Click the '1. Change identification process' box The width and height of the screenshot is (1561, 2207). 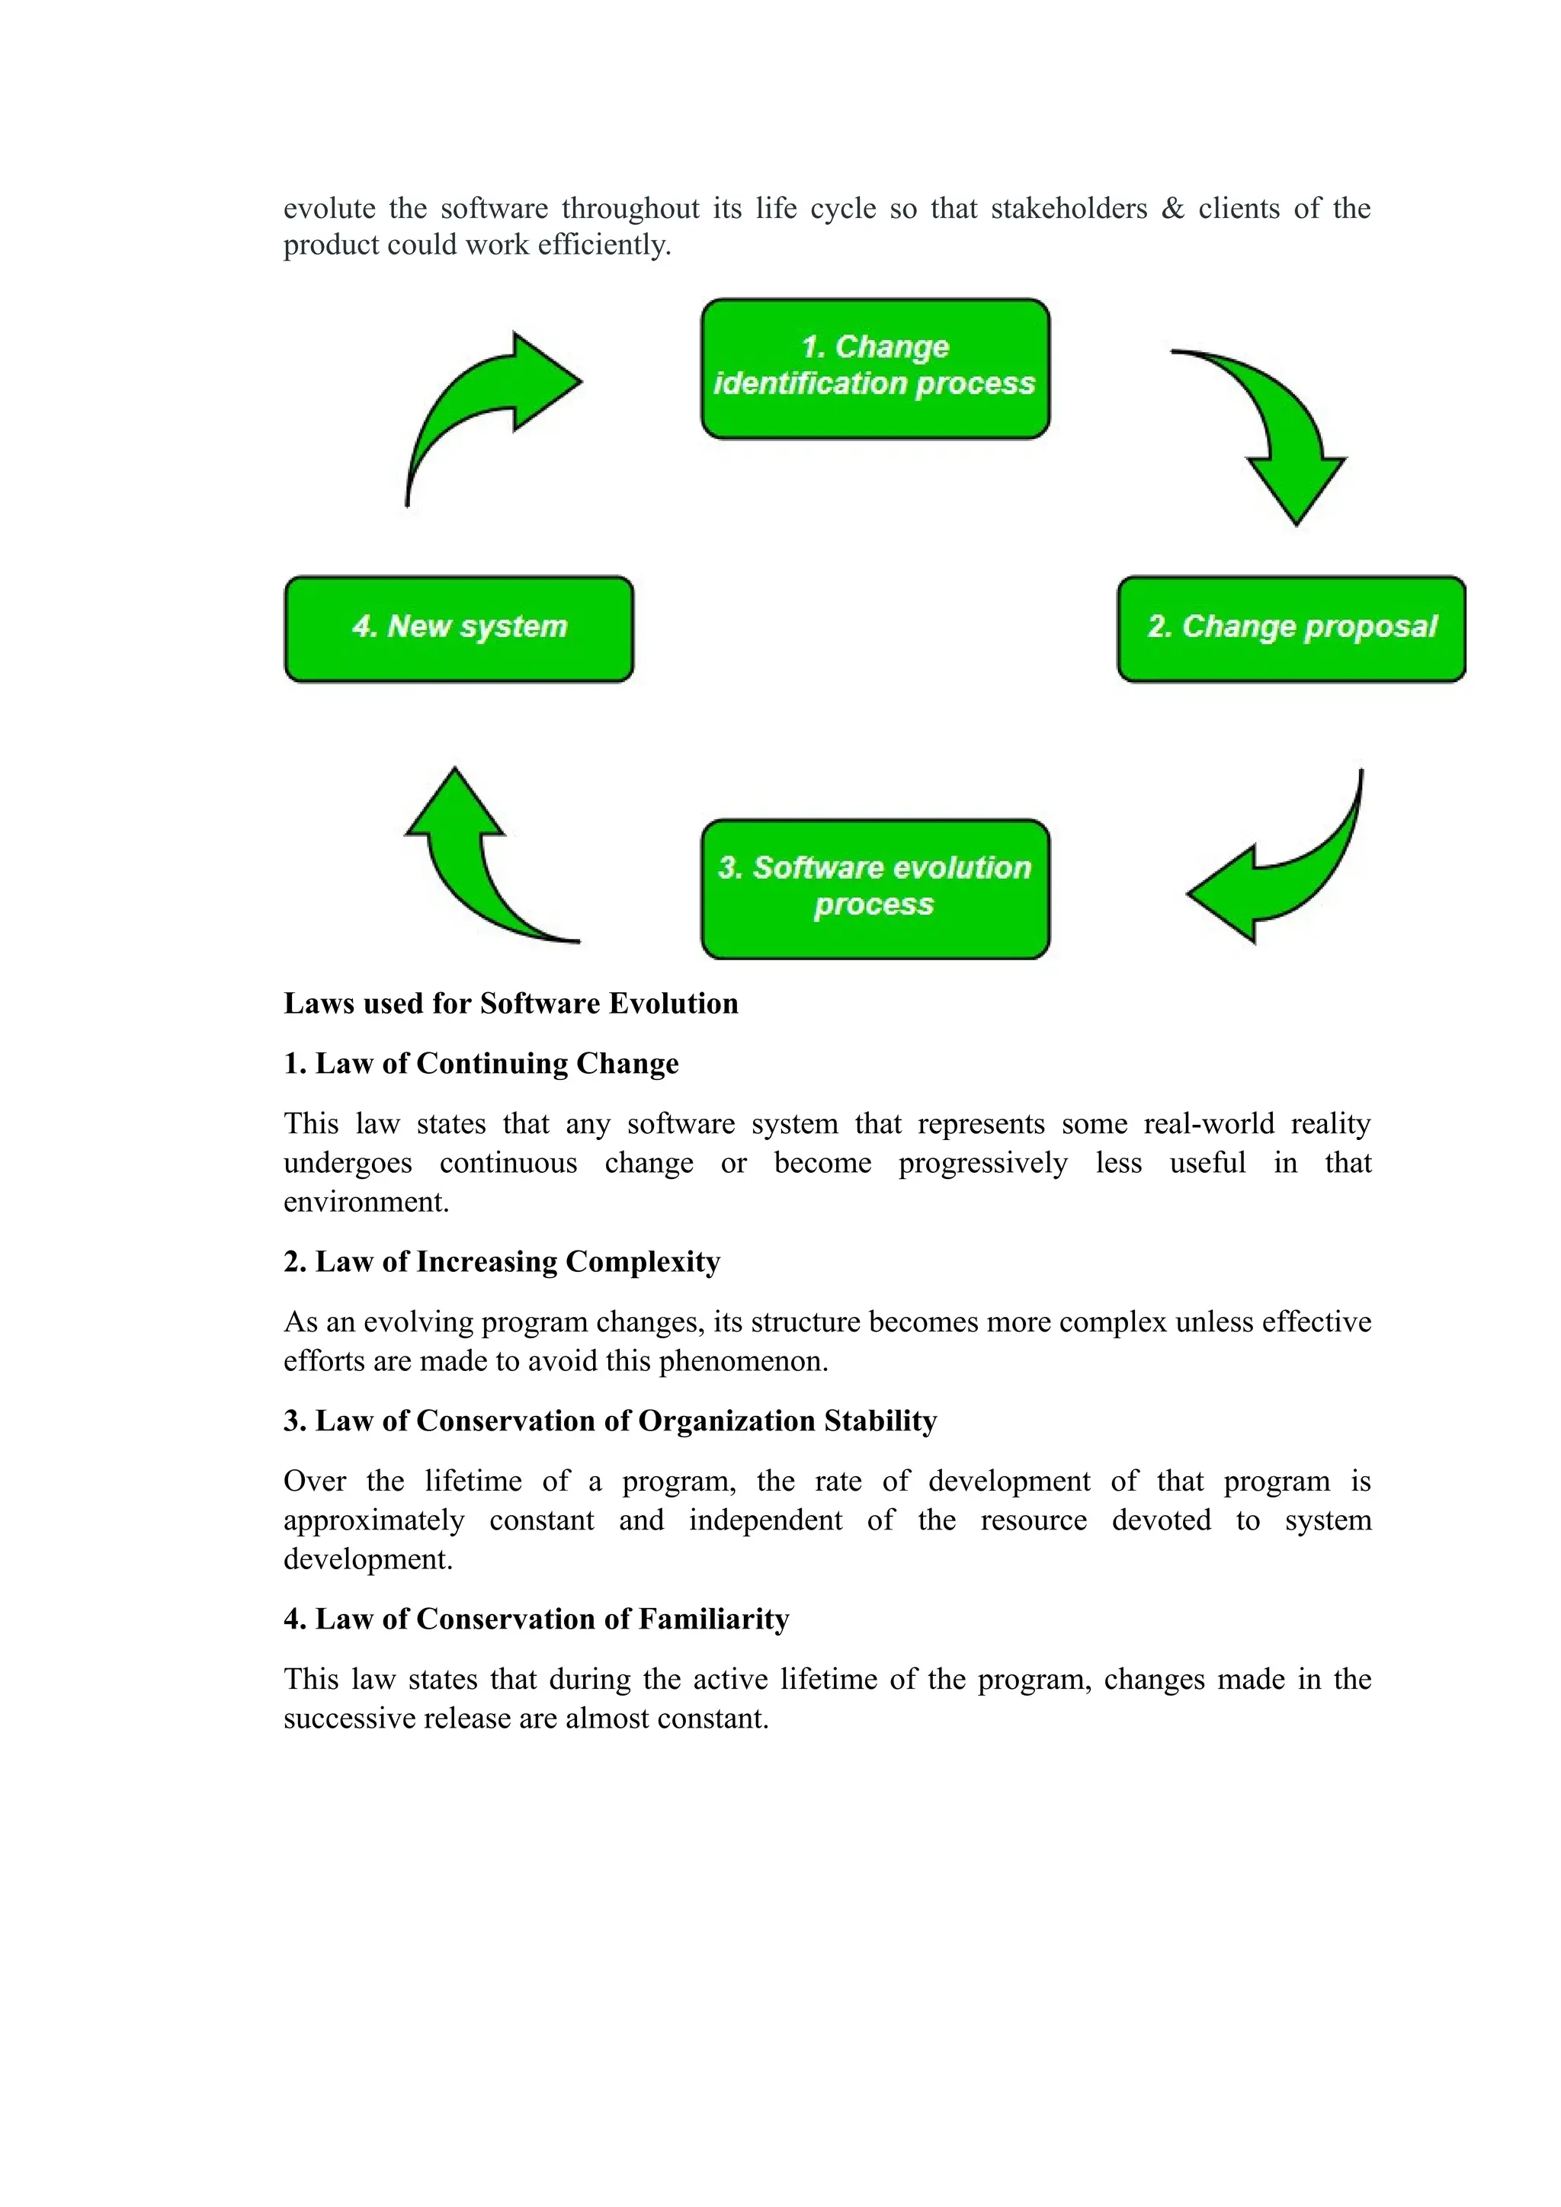pyautogui.click(x=875, y=369)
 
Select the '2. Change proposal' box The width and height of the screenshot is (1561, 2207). pyautogui.click(x=1291, y=629)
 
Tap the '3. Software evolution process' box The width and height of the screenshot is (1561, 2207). pyautogui.click(x=875, y=889)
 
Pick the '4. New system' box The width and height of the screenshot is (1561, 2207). pyautogui.click(x=460, y=629)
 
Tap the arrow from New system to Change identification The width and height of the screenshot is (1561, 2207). pyautogui.click(x=481, y=404)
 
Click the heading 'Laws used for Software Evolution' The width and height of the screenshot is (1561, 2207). pyautogui.click(x=511, y=1004)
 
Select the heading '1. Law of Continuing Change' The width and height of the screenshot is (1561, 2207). pyautogui.click(x=481, y=1063)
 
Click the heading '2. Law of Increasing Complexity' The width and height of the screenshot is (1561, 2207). pyautogui.click(x=502, y=1261)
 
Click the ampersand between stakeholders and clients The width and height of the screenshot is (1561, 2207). pyautogui.click(x=1173, y=209)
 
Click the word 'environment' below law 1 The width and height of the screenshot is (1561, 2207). pyautogui.click(x=364, y=1202)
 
